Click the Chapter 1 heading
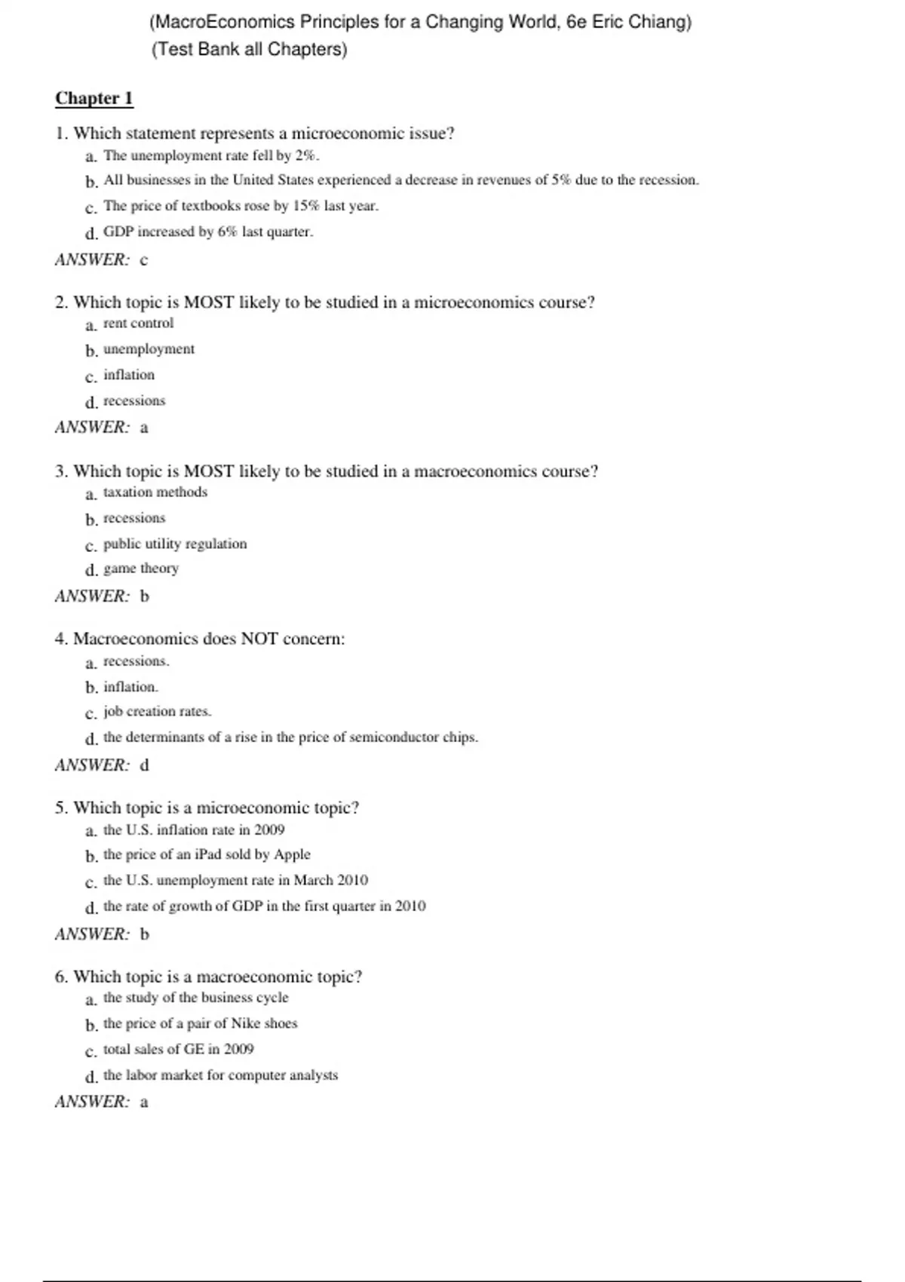(94, 99)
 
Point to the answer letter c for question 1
(144, 260)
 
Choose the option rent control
(138, 324)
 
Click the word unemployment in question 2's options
(149, 349)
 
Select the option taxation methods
(155, 492)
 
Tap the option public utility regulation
(175, 544)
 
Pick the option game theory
(141, 569)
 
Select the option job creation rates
(157, 712)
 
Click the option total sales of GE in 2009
(178, 1049)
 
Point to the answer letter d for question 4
(145, 765)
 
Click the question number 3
(60, 472)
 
